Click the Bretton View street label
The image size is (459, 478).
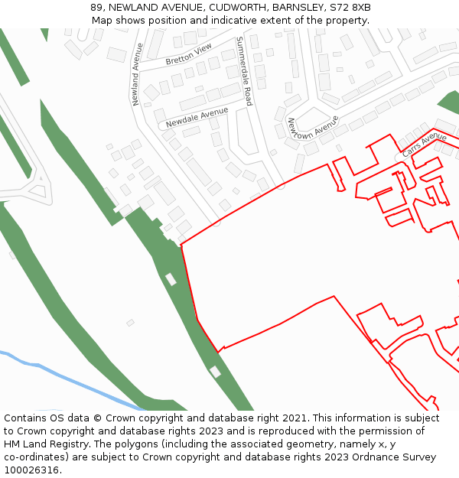click(x=188, y=54)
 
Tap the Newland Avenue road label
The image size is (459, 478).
click(x=137, y=74)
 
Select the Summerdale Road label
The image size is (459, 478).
click(x=243, y=70)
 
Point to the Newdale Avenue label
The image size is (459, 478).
click(x=197, y=117)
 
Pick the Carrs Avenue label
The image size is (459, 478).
click(x=424, y=144)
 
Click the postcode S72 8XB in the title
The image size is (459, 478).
click(x=351, y=7)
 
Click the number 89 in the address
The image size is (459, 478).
click(x=97, y=7)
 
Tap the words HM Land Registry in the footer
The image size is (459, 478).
click(x=43, y=444)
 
